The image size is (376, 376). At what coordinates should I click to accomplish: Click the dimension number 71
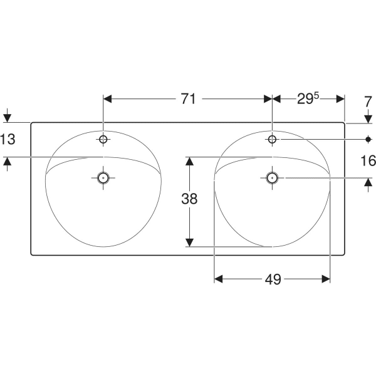pyautogui.click(x=188, y=99)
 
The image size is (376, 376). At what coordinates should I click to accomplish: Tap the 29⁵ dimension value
pyautogui.click(x=308, y=98)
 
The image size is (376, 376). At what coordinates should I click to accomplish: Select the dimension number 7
pyautogui.click(x=368, y=102)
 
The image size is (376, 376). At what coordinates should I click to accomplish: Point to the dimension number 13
pyautogui.click(x=8, y=139)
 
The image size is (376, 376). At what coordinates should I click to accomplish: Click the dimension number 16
pyautogui.click(x=368, y=160)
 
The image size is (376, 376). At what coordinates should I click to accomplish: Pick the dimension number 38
pyautogui.click(x=189, y=199)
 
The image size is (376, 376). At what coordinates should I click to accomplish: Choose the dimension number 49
pyautogui.click(x=273, y=279)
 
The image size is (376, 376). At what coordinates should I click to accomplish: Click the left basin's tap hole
pyautogui.click(x=103, y=139)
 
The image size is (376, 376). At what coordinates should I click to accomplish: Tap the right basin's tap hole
pyautogui.click(x=272, y=139)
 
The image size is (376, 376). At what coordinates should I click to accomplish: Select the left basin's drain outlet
pyautogui.click(x=103, y=178)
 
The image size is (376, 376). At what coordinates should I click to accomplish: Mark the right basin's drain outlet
pyautogui.click(x=272, y=178)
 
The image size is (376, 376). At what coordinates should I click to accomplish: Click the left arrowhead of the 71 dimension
pyautogui.click(x=107, y=99)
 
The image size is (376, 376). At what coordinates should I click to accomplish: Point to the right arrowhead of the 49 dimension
pyautogui.click(x=326, y=279)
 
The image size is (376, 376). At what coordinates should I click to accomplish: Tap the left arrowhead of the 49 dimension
pyautogui.click(x=219, y=279)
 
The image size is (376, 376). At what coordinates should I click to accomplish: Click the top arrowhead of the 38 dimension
pyautogui.click(x=189, y=161)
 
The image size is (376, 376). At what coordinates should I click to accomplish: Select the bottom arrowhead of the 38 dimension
pyautogui.click(x=189, y=243)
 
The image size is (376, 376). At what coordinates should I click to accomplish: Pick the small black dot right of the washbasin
pyautogui.click(x=368, y=139)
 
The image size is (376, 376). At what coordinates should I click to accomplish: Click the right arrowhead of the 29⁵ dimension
pyautogui.click(x=340, y=99)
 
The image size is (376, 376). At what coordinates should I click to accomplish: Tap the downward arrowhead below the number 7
pyautogui.click(x=368, y=119)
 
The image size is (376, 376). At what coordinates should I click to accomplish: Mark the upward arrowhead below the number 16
pyautogui.click(x=368, y=182)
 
